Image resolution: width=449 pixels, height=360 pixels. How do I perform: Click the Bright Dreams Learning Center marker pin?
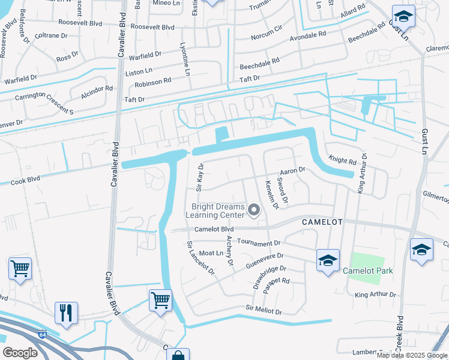(254, 210)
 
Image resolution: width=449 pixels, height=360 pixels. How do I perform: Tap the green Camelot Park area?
(367, 263)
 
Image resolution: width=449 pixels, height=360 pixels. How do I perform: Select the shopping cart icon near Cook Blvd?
(20, 269)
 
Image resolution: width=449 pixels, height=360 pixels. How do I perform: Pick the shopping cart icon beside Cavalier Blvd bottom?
(160, 299)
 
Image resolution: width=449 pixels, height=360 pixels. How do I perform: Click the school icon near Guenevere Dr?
(328, 260)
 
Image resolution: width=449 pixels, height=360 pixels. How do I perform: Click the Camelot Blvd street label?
(213, 230)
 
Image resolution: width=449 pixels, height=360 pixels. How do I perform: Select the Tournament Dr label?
(259, 242)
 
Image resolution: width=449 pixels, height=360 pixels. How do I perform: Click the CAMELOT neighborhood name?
(322, 222)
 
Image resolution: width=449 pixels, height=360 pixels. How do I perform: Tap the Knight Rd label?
(342, 161)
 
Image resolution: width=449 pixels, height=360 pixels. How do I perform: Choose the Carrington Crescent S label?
(37, 103)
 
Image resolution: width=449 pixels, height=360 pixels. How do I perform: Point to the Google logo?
(20, 352)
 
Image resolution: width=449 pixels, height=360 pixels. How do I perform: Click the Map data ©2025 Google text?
(412, 355)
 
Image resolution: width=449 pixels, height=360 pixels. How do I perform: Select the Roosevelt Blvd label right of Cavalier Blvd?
(152, 28)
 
